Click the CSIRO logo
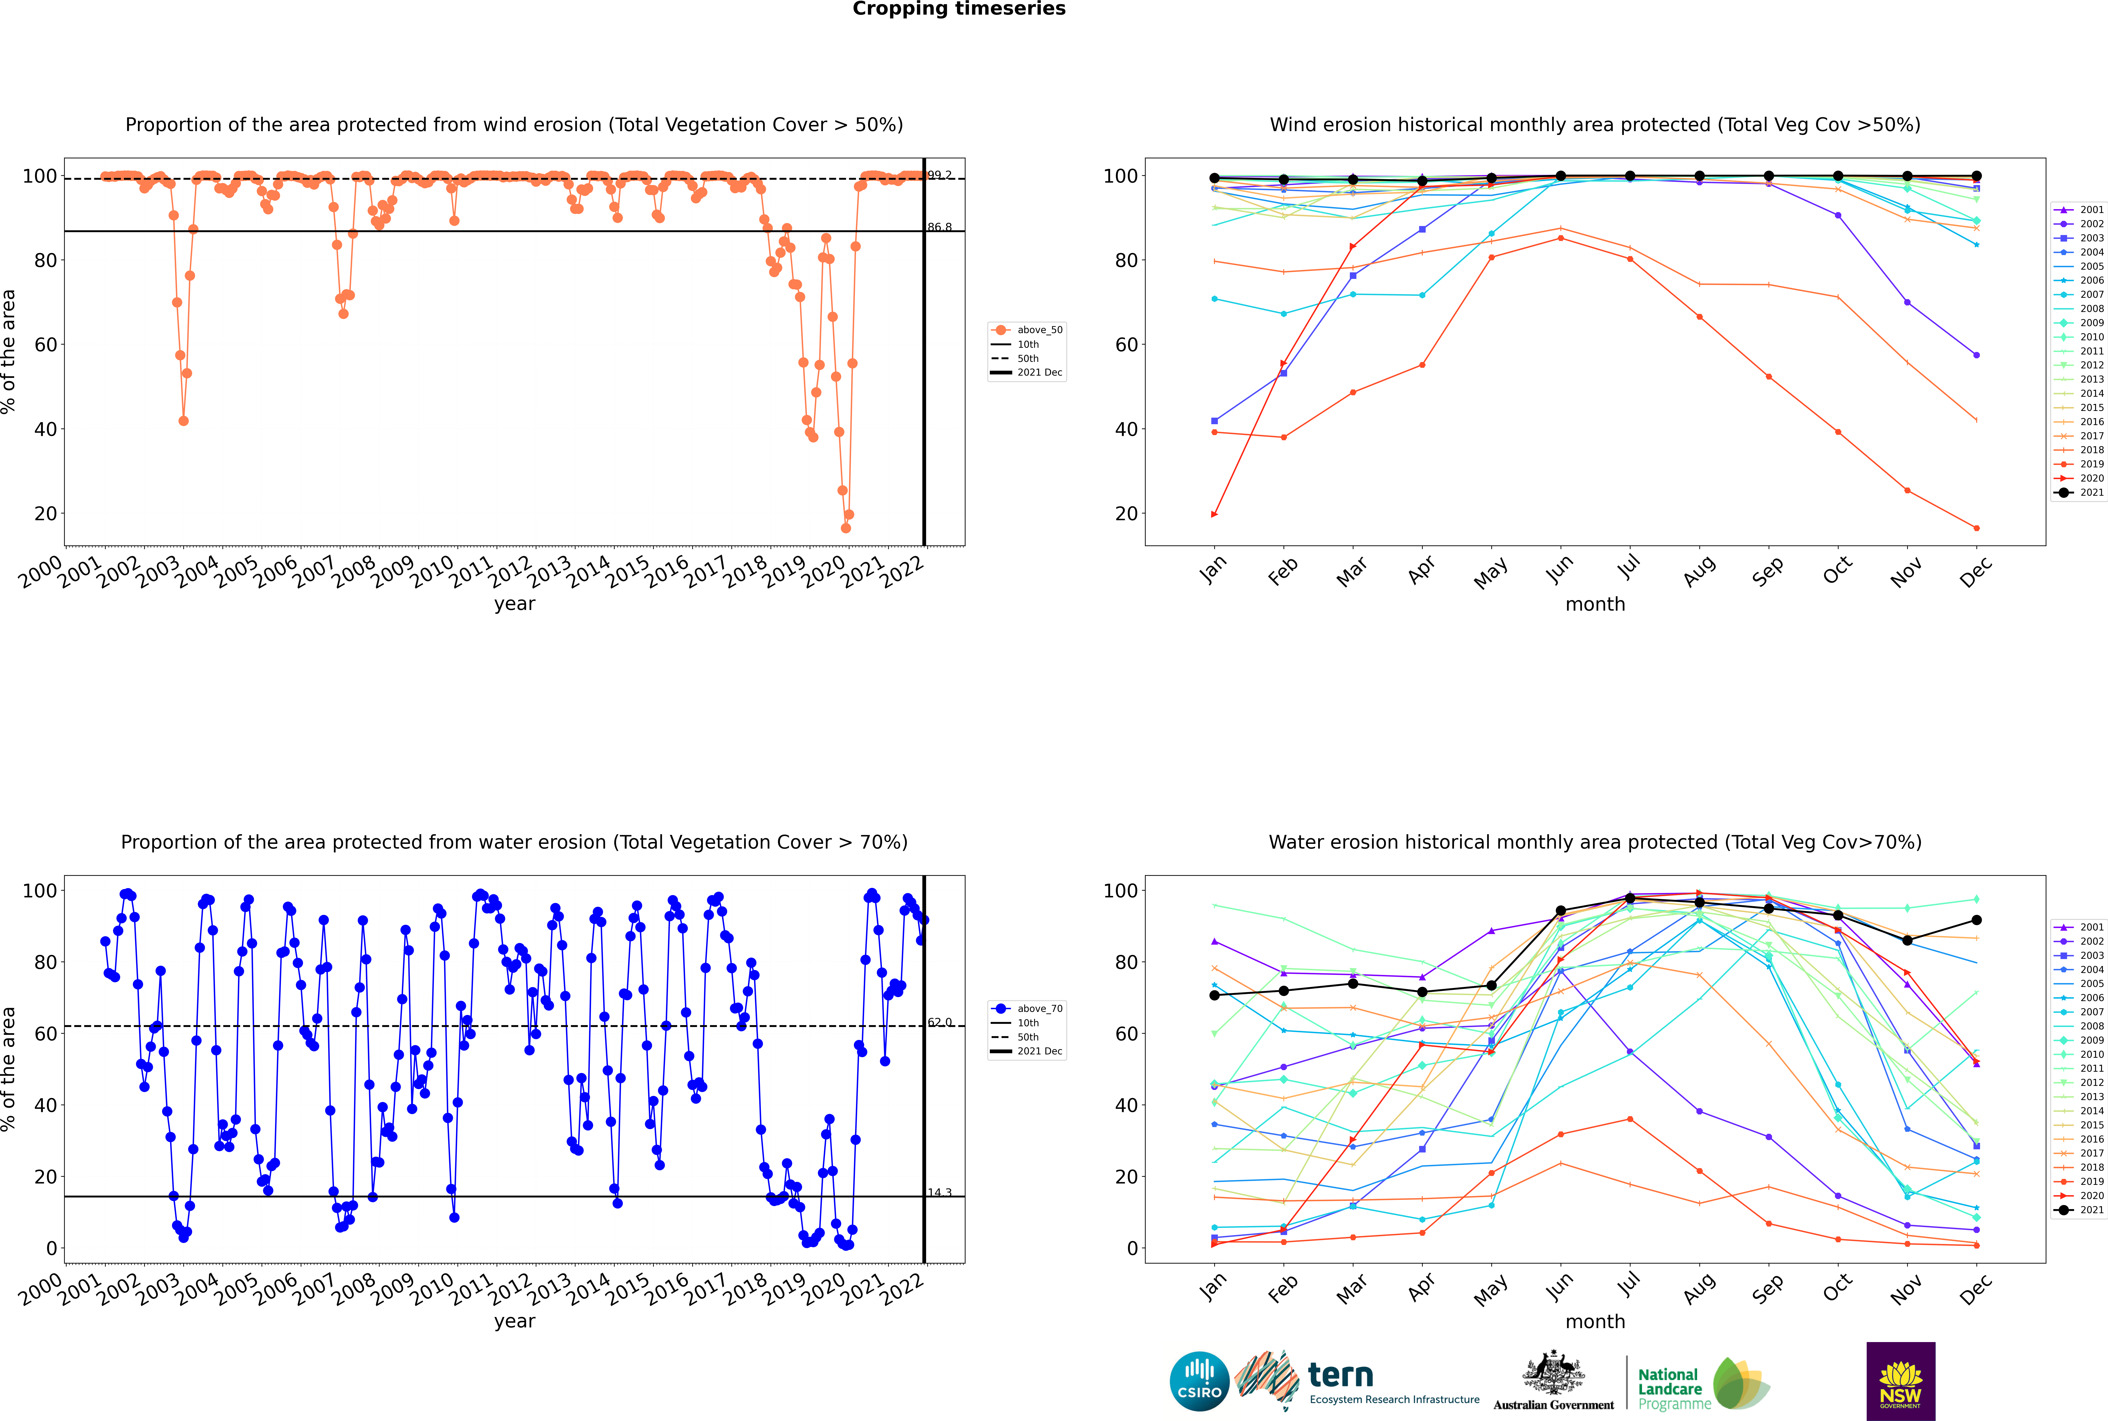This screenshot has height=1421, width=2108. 1199,1381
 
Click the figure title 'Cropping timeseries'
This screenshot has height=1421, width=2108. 959,9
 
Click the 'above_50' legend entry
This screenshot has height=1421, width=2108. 1028,330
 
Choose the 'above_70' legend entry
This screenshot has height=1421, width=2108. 1028,1009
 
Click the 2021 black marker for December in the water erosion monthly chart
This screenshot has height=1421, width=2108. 1977,920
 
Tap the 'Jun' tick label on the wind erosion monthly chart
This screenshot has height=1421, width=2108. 1561,569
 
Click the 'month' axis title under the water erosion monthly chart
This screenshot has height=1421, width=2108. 1595,1321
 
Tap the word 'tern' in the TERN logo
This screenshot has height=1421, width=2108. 1340,1376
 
